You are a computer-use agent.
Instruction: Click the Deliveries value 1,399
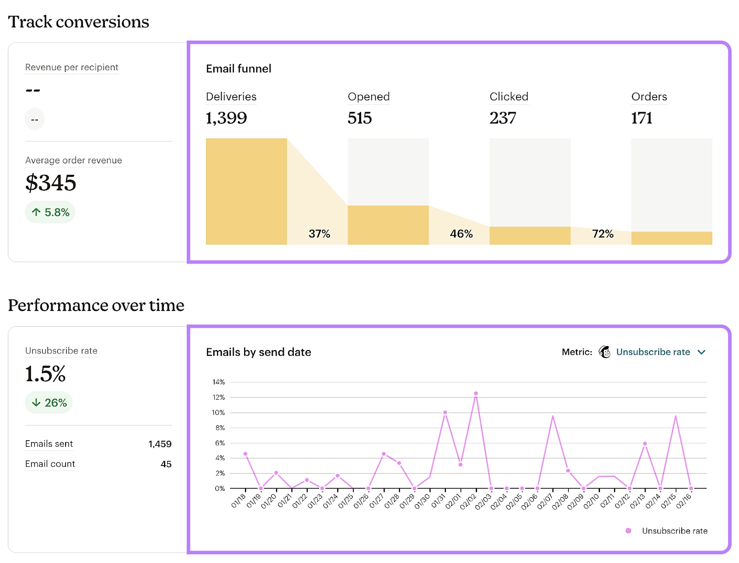pos(226,118)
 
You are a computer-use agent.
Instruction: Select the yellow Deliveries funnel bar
pos(246,192)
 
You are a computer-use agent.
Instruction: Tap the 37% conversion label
pos(319,234)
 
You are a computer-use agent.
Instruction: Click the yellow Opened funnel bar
pos(388,225)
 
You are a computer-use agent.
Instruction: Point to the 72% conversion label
pos(603,234)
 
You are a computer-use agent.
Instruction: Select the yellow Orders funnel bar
pos(672,238)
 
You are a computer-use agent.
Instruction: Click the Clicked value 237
pos(503,118)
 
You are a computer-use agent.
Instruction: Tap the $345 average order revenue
pos(51,183)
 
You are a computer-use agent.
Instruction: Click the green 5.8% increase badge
pos(50,212)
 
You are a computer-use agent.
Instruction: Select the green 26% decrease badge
pos(49,403)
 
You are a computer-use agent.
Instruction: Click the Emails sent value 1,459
pos(160,444)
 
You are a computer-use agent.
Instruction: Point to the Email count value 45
pos(166,464)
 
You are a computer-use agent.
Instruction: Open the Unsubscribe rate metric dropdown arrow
pos(702,352)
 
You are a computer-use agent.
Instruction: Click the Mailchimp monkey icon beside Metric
pos(605,352)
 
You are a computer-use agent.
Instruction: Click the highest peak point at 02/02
pos(476,394)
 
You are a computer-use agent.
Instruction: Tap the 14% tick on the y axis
pos(218,382)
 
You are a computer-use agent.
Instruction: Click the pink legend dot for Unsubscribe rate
pos(628,531)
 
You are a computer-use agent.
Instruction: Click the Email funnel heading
pos(238,69)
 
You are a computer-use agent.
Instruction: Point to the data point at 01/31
pos(445,413)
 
